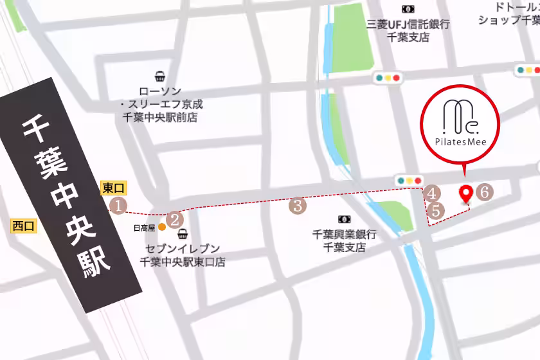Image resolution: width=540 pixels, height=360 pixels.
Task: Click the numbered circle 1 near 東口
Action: coord(118,205)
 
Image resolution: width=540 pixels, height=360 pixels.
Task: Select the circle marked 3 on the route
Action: coord(298,206)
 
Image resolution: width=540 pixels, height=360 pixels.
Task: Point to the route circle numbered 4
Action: coord(432,193)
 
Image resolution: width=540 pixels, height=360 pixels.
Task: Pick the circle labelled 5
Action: coord(436,210)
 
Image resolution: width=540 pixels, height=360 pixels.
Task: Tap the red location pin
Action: coord(467,194)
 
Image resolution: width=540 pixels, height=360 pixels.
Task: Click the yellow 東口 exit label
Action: coord(114,188)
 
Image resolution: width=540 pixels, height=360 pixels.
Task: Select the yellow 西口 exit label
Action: coord(24,226)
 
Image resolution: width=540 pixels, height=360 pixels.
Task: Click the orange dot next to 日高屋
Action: coord(162,227)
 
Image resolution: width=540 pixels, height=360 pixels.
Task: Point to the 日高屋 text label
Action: coord(144,228)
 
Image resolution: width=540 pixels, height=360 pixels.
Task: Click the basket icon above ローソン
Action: coord(159,76)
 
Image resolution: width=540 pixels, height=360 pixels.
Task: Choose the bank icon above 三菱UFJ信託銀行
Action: coord(408,9)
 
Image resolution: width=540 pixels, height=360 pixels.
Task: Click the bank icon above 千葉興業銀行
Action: coord(344,219)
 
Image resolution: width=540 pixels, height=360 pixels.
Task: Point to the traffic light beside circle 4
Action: coord(410,181)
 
